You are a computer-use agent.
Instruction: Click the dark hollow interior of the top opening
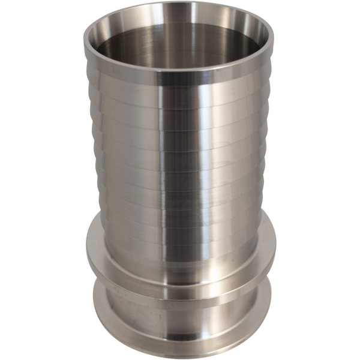tap(180, 45)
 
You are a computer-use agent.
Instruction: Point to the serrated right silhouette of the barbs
tap(266, 150)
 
